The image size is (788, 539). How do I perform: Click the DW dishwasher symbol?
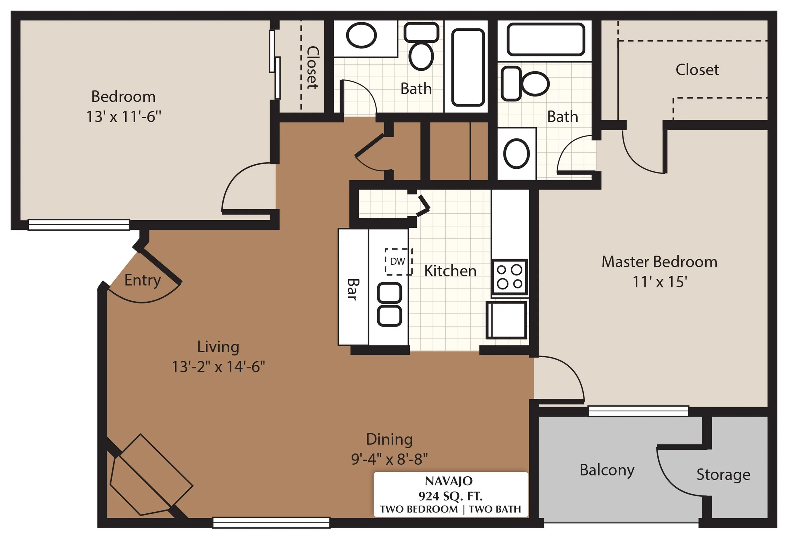click(398, 262)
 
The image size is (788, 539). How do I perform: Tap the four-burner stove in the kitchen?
click(510, 277)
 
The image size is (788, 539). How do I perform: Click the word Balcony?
click(607, 471)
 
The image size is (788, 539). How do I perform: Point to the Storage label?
click(723, 475)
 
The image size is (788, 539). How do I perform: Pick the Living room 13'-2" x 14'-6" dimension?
click(218, 367)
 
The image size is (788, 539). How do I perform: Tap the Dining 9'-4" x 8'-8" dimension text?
click(389, 459)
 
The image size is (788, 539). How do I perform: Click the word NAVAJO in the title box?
click(449, 481)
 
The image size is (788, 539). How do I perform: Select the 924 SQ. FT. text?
click(450, 496)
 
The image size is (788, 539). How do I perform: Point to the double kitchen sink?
click(390, 304)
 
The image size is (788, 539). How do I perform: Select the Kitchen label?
click(450, 271)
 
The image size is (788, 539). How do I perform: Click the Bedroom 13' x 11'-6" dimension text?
click(124, 117)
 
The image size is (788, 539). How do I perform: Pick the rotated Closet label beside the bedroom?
click(312, 68)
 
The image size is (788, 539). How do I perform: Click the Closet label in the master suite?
click(697, 70)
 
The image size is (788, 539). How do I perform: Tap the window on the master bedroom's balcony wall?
click(638, 411)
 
